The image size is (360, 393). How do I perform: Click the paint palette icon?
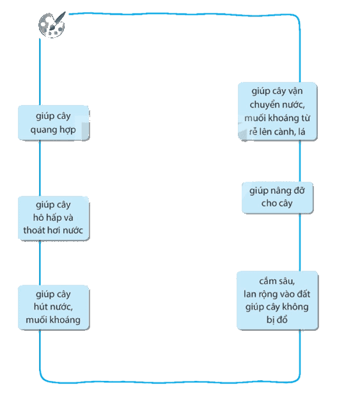(x=52, y=25)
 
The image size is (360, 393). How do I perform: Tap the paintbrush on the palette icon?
(x=58, y=20)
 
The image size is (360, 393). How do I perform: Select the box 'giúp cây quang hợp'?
(x=54, y=123)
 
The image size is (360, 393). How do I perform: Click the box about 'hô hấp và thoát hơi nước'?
(x=54, y=218)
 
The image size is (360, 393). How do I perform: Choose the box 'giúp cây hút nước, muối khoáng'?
(x=54, y=307)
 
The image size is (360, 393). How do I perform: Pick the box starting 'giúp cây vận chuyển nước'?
(x=278, y=111)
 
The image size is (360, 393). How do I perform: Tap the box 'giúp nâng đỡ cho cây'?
(x=278, y=198)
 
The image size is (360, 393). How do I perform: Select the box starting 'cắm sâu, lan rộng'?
(x=278, y=300)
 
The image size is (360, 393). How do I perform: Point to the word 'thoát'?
(x=35, y=230)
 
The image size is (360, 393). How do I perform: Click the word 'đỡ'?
(x=299, y=191)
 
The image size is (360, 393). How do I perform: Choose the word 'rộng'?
(x=264, y=294)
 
